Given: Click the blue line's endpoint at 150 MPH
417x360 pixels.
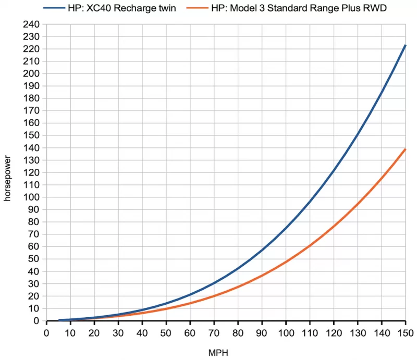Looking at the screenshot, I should click(x=405, y=45).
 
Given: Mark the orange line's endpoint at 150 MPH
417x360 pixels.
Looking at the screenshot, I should click(x=405, y=150).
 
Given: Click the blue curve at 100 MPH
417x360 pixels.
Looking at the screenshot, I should click(x=286, y=228).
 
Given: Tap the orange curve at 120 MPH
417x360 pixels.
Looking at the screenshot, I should click(x=334, y=226).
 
